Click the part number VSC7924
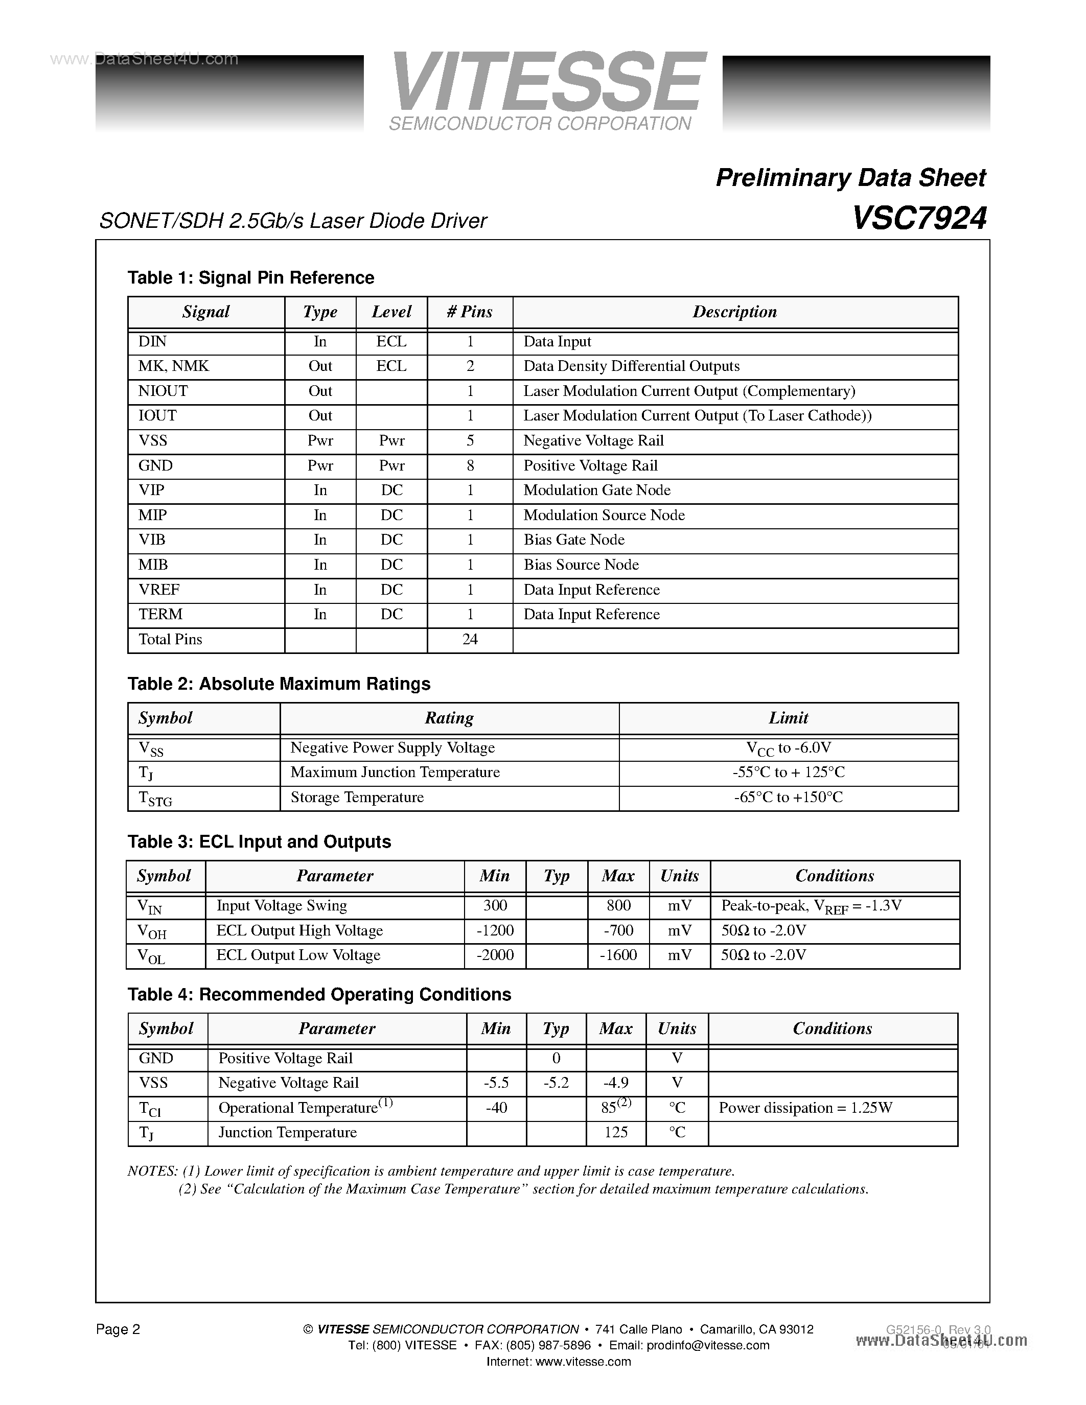[x=919, y=219]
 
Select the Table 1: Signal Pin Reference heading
[x=251, y=278]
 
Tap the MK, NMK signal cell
[x=174, y=366]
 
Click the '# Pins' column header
[x=470, y=312]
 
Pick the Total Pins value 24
[x=470, y=640]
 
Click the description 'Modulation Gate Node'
[x=596, y=490]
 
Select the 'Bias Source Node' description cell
[x=581, y=565]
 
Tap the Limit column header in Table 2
[x=788, y=718]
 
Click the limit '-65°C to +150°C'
[x=788, y=798]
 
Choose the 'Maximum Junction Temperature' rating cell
[x=395, y=772]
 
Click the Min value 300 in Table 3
[x=495, y=906]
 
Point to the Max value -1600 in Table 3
[x=618, y=955]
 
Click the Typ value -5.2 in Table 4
[x=556, y=1083]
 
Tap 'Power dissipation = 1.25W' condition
[x=805, y=1108]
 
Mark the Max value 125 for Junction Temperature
[x=616, y=1132]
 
